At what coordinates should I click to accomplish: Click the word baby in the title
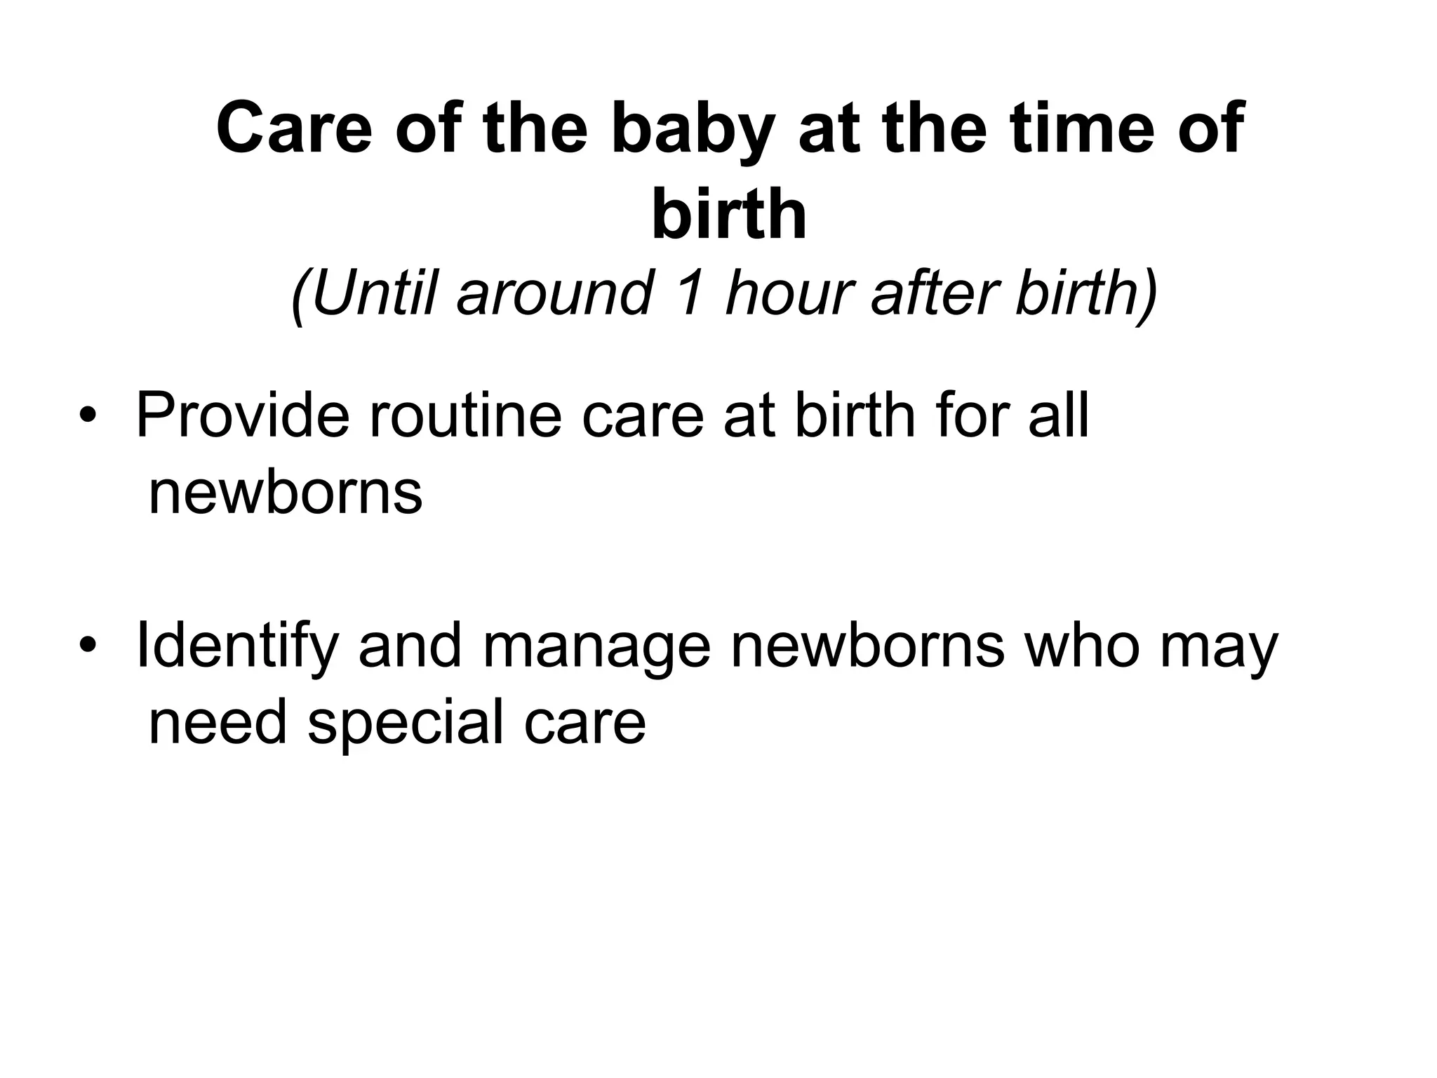click(x=693, y=130)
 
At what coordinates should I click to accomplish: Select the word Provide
click(x=242, y=416)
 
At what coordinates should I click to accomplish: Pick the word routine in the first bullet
click(x=466, y=416)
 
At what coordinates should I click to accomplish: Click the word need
click(x=218, y=723)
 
